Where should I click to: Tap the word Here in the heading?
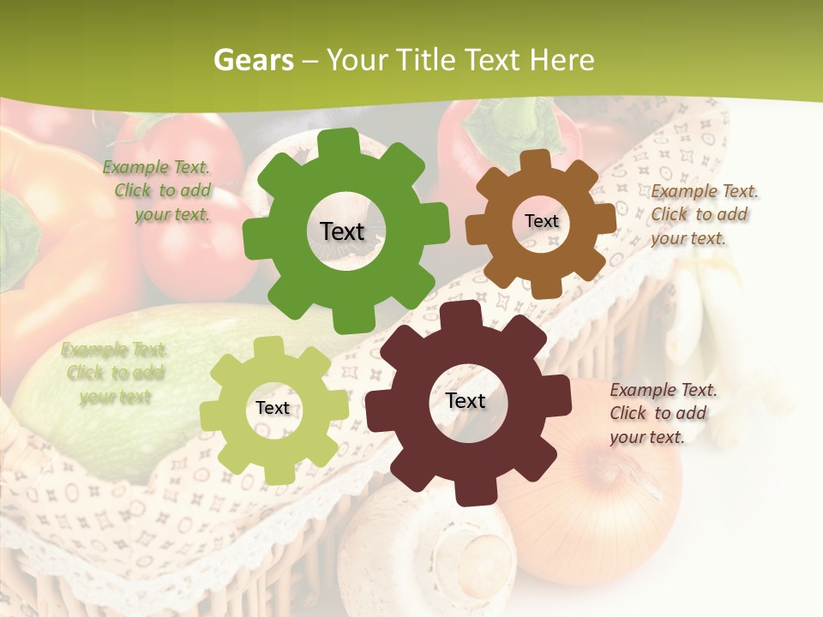tap(562, 60)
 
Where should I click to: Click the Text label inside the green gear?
tap(342, 231)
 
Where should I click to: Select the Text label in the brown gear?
tap(541, 221)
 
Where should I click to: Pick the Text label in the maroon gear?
tap(466, 400)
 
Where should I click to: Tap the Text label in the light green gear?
tap(273, 408)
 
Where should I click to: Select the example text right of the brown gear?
tap(703, 214)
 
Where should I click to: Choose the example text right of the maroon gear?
tap(662, 413)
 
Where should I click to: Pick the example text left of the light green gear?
tap(115, 373)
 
